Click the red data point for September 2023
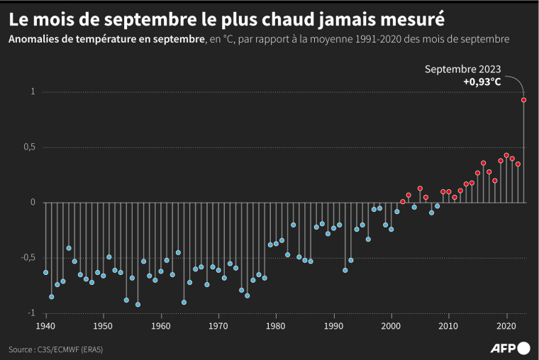coord(523,100)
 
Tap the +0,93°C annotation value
coord(482,82)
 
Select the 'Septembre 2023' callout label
coord(463,69)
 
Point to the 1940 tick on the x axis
coord(46,326)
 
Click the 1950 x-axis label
coord(104,326)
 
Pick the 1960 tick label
coord(161,326)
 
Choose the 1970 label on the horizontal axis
coord(218,326)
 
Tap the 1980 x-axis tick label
coord(276,326)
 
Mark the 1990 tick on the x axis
coord(333,326)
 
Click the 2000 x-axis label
coord(391,326)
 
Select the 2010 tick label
coord(448,326)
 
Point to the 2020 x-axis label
coord(506,326)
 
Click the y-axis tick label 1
coord(33,92)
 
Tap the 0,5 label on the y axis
coord(28,147)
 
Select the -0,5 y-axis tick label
coord(27,257)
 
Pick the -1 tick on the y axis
coord(30,313)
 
